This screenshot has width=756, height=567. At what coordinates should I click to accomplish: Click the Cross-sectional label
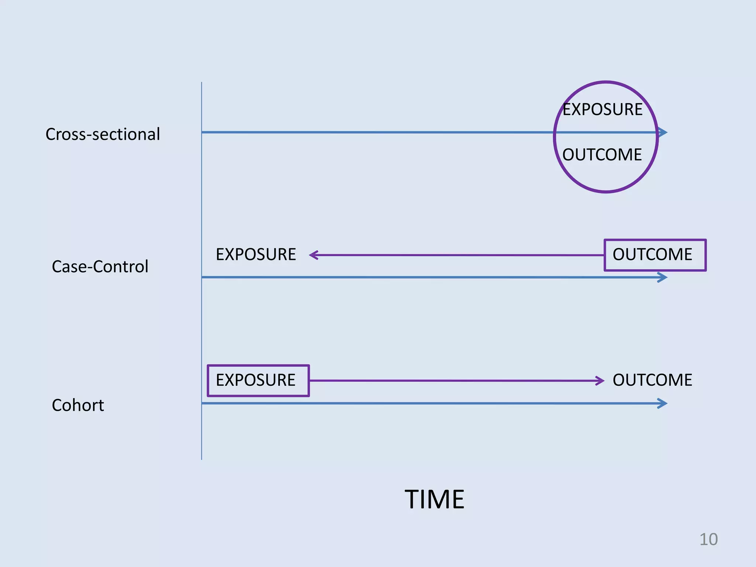coord(103,134)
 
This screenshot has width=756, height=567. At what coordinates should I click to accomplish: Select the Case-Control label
coord(100,267)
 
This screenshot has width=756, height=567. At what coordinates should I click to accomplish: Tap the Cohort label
coord(78,405)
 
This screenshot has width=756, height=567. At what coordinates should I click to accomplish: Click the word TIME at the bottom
coord(434,499)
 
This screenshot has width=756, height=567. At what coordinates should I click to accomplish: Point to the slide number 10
coord(708,539)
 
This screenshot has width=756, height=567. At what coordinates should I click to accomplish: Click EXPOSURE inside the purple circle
coord(602,110)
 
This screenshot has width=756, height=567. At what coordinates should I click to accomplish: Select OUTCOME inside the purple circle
coord(602,155)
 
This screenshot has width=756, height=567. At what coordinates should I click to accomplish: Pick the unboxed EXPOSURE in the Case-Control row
coord(256,255)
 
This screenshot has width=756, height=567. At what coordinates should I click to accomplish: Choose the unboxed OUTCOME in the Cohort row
coord(652,380)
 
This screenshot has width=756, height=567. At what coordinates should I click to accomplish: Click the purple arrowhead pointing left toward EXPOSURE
coord(313,255)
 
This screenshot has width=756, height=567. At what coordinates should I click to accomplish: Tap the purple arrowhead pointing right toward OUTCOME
coord(600,381)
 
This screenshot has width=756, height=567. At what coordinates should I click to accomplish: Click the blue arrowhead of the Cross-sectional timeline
coord(663,132)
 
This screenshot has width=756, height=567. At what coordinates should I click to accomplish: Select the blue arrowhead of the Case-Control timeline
coord(663,278)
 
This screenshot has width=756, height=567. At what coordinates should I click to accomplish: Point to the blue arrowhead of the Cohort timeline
coord(663,403)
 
